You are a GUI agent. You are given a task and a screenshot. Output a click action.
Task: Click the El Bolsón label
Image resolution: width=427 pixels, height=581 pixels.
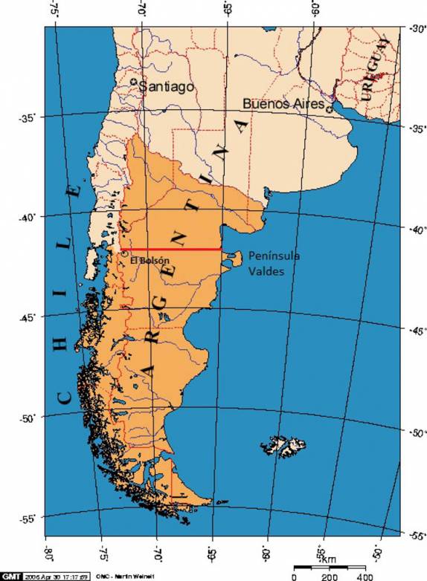pos(145,260)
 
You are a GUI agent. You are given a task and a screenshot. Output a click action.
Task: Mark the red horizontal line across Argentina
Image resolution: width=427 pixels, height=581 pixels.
pos(174,250)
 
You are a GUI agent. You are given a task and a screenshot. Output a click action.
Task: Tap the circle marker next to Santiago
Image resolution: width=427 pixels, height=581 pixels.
pos(134,82)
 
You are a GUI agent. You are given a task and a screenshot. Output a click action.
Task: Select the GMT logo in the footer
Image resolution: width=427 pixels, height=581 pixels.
pos(10,576)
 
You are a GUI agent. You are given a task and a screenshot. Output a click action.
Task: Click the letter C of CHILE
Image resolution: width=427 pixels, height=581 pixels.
pos(65,399)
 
